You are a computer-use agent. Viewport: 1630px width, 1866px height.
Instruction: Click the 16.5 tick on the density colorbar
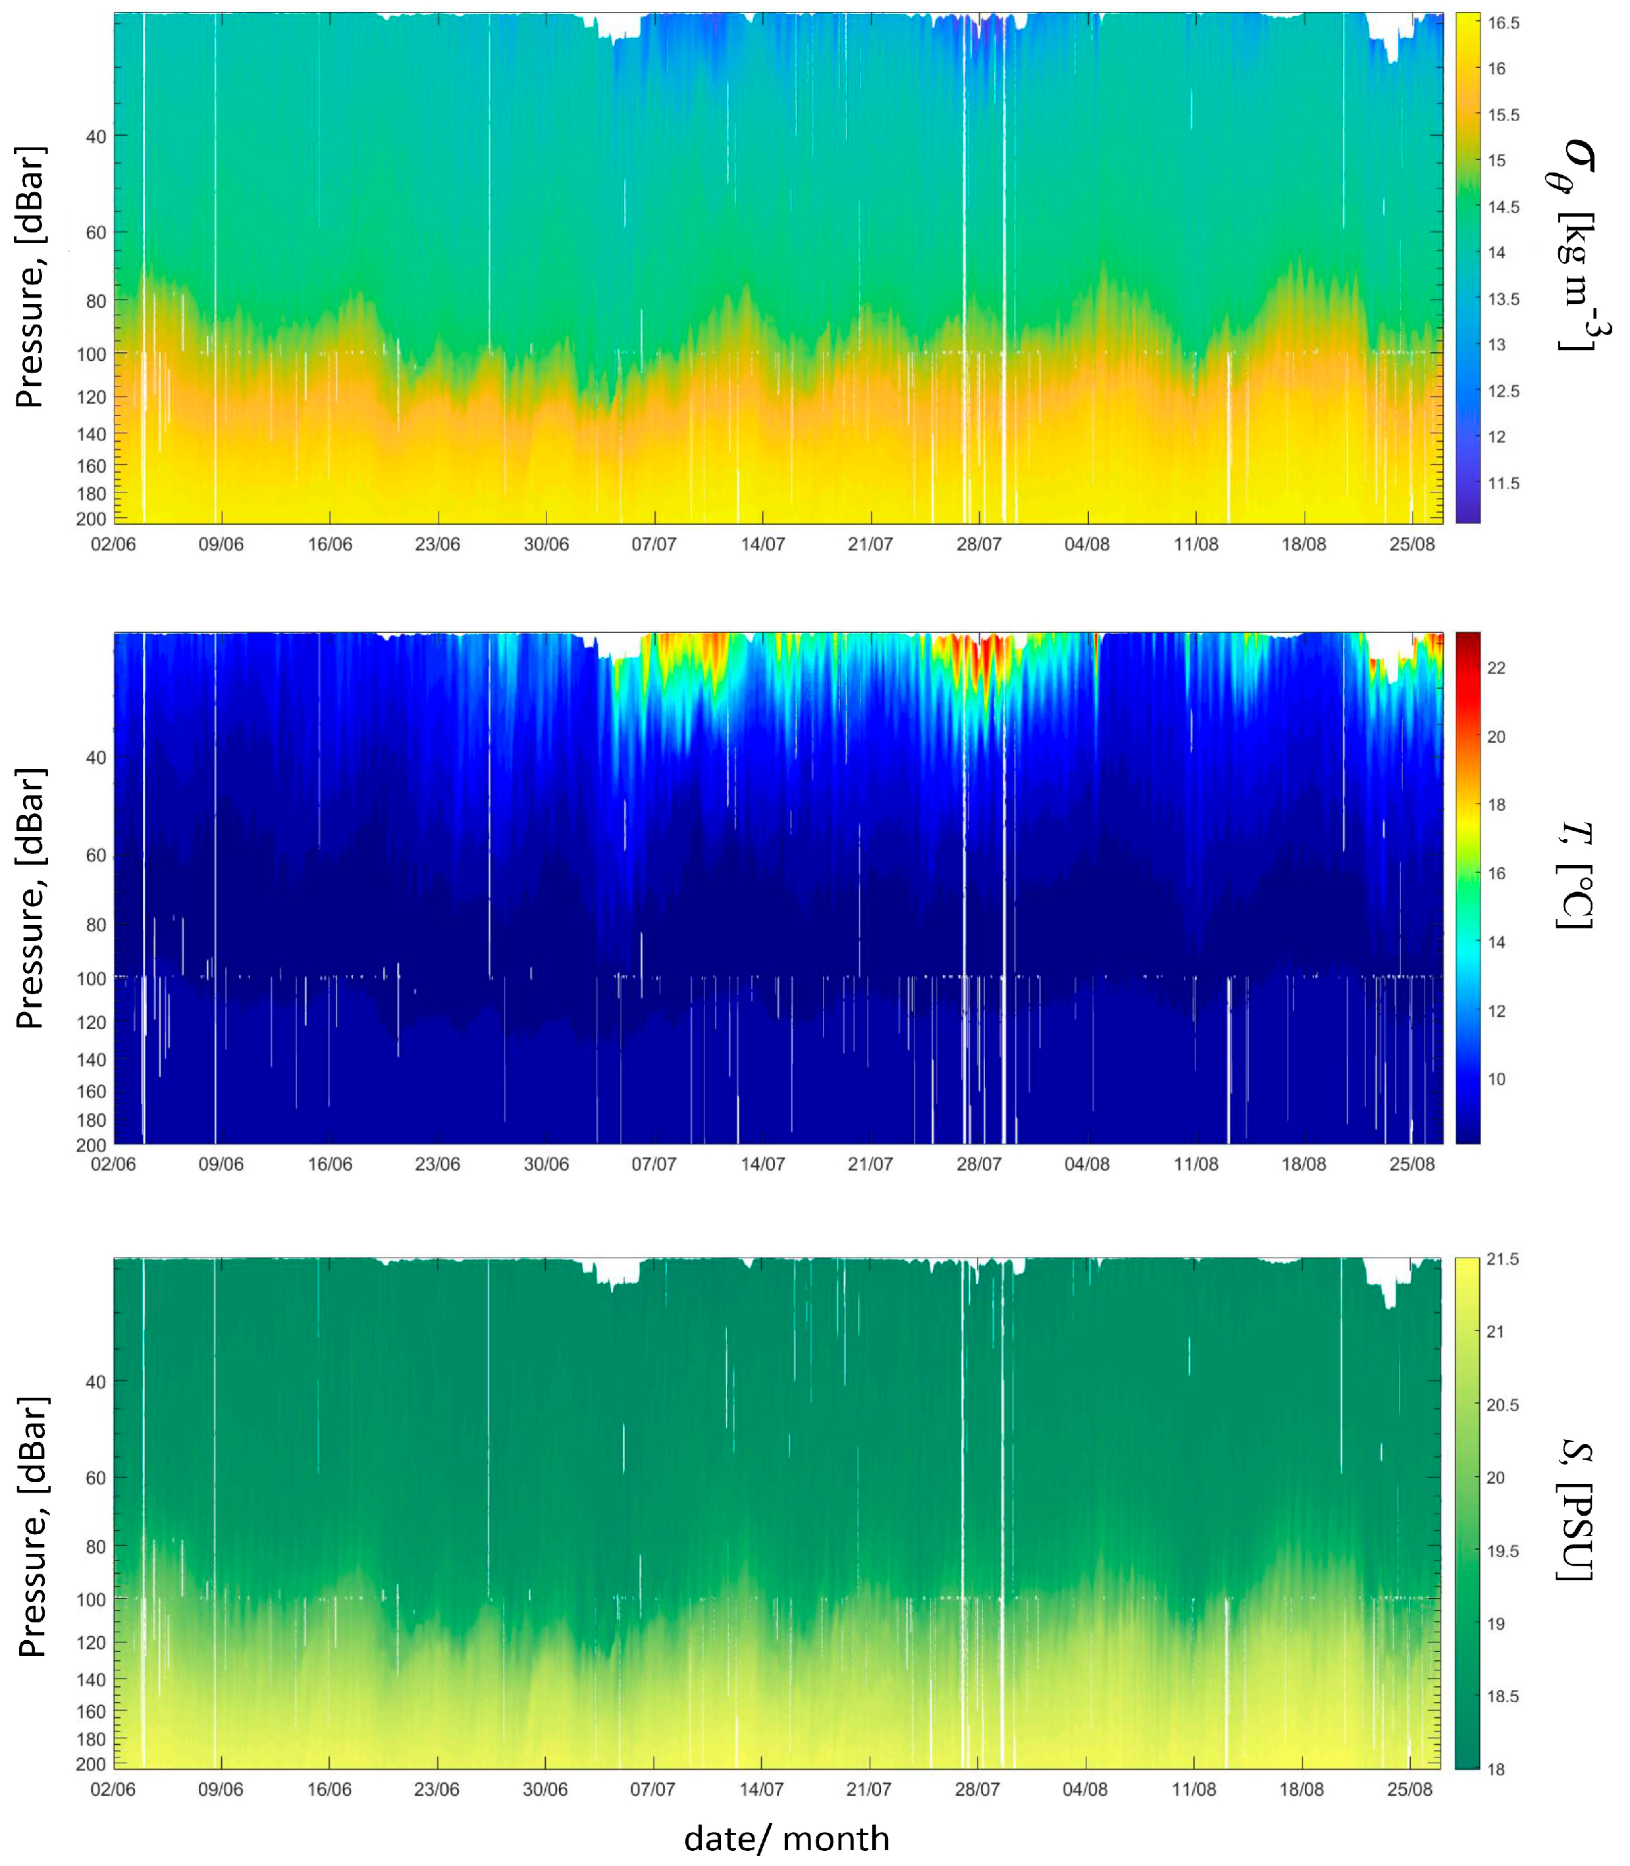pyautogui.click(x=1503, y=24)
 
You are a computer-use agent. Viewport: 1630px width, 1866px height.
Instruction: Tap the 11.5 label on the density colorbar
pyautogui.click(x=1503, y=483)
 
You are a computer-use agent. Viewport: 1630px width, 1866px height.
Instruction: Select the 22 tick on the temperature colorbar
pyautogui.click(x=1496, y=668)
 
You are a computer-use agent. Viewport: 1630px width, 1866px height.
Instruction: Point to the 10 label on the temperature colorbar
pyautogui.click(x=1496, y=1079)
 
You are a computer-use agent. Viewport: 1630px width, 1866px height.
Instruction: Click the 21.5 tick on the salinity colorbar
pyautogui.click(x=1503, y=1259)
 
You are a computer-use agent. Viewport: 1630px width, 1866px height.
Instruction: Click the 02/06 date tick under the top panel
pyautogui.click(x=114, y=544)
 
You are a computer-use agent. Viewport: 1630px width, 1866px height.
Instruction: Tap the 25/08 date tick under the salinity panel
pyautogui.click(x=1410, y=1790)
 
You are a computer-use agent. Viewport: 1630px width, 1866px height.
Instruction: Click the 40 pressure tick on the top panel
pyautogui.click(x=95, y=136)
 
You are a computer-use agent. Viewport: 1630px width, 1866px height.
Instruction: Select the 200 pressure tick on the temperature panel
pyautogui.click(x=91, y=1144)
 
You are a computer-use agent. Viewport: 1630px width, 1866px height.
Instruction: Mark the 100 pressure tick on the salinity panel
pyautogui.click(x=91, y=1599)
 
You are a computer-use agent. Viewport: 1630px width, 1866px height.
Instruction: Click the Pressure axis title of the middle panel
pyautogui.click(x=31, y=898)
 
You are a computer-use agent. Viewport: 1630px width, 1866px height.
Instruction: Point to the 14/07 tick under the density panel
pyautogui.click(x=762, y=544)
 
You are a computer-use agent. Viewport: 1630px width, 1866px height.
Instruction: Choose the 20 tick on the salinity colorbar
pyautogui.click(x=1496, y=1478)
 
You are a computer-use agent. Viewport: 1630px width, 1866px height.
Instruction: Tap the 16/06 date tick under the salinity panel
pyautogui.click(x=329, y=1790)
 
